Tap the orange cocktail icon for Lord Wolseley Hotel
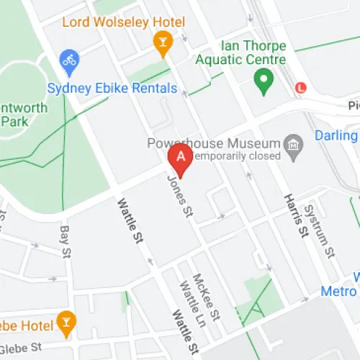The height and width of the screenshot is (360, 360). pos(163,44)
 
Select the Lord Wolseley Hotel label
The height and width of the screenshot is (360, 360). pos(123,22)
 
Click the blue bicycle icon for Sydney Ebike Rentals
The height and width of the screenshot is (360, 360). pos(69,60)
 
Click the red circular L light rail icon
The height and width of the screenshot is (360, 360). pos(300,88)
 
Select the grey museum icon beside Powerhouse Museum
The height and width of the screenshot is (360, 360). pos(293,147)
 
